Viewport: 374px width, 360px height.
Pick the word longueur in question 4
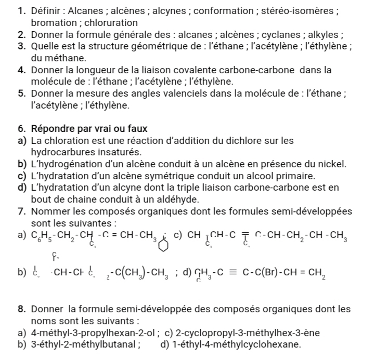coord(95,70)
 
